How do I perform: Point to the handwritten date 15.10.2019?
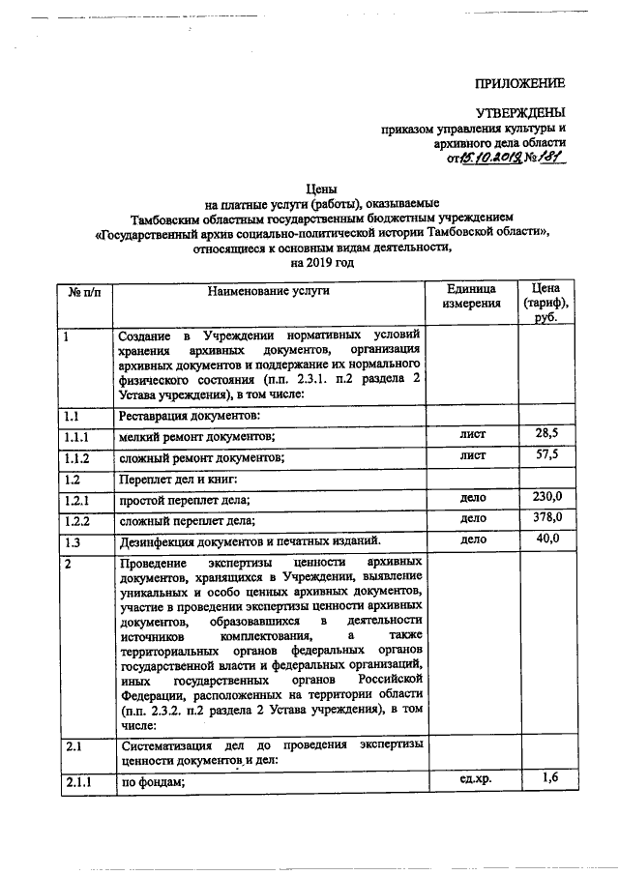pos(493,159)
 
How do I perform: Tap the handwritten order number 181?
pos(551,159)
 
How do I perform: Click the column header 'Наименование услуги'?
pos(267,290)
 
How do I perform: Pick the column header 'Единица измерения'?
pos(472,297)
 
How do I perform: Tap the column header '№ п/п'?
pos(83,290)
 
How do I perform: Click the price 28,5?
pos(546,433)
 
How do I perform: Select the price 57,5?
pos(546,454)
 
